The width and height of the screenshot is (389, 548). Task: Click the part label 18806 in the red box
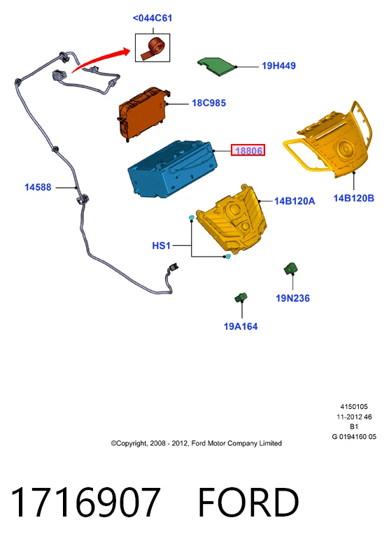248,151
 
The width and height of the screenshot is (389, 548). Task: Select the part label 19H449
278,66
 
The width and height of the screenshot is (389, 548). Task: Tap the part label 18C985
208,103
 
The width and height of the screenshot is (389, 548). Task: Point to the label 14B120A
295,201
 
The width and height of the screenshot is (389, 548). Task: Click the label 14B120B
354,199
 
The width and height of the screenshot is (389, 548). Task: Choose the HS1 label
161,246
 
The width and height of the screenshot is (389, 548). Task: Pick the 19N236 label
292,298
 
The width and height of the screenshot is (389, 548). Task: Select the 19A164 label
241,326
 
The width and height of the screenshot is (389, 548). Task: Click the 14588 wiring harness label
38,187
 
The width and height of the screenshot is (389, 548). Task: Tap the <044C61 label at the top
153,18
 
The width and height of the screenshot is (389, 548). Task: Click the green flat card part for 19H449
217,66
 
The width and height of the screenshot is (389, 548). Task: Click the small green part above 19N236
290,269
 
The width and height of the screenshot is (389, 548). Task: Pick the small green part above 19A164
241,298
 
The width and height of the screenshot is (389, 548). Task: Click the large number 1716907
86,502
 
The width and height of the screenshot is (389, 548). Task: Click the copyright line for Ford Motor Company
196,443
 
